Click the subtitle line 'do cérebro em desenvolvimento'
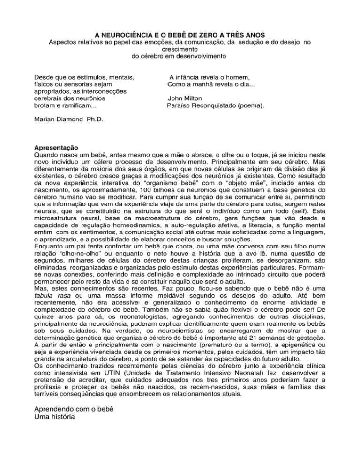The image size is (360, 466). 180,56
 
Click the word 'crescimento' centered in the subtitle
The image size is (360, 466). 180,49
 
